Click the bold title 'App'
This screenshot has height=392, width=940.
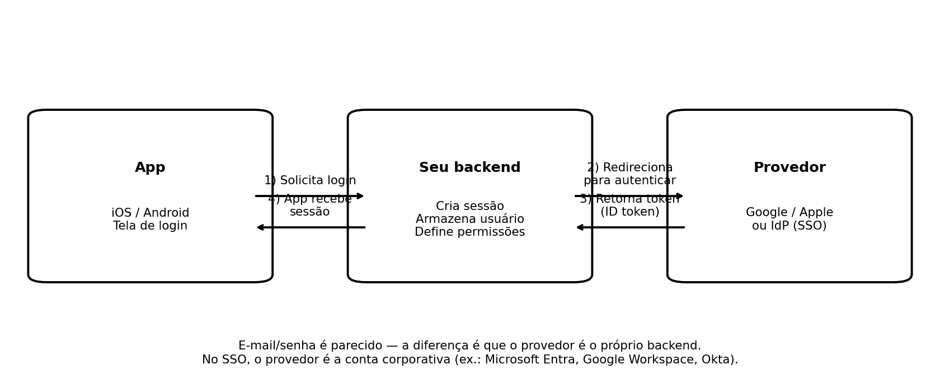click(x=150, y=168)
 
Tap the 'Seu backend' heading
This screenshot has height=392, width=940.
click(x=469, y=168)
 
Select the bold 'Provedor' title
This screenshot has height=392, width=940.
click(x=789, y=168)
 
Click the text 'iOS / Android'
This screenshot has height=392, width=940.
click(x=150, y=213)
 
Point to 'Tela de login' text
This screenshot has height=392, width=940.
click(x=150, y=226)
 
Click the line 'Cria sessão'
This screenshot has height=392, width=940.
click(x=469, y=207)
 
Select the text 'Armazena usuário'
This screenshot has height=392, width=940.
click(x=469, y=220)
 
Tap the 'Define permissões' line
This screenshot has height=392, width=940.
click(x=469, y=232)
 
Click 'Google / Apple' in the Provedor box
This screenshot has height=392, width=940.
click(x=789, y=213)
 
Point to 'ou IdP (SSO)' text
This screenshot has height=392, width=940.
click(x=789, y=226)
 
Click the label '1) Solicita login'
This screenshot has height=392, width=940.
click(x=310, y=181)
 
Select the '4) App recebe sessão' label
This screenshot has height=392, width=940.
click(x=310, y=206)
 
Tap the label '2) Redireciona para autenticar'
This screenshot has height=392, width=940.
click(x=629, y=174)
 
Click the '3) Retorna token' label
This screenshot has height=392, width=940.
click(x=629, y=200)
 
